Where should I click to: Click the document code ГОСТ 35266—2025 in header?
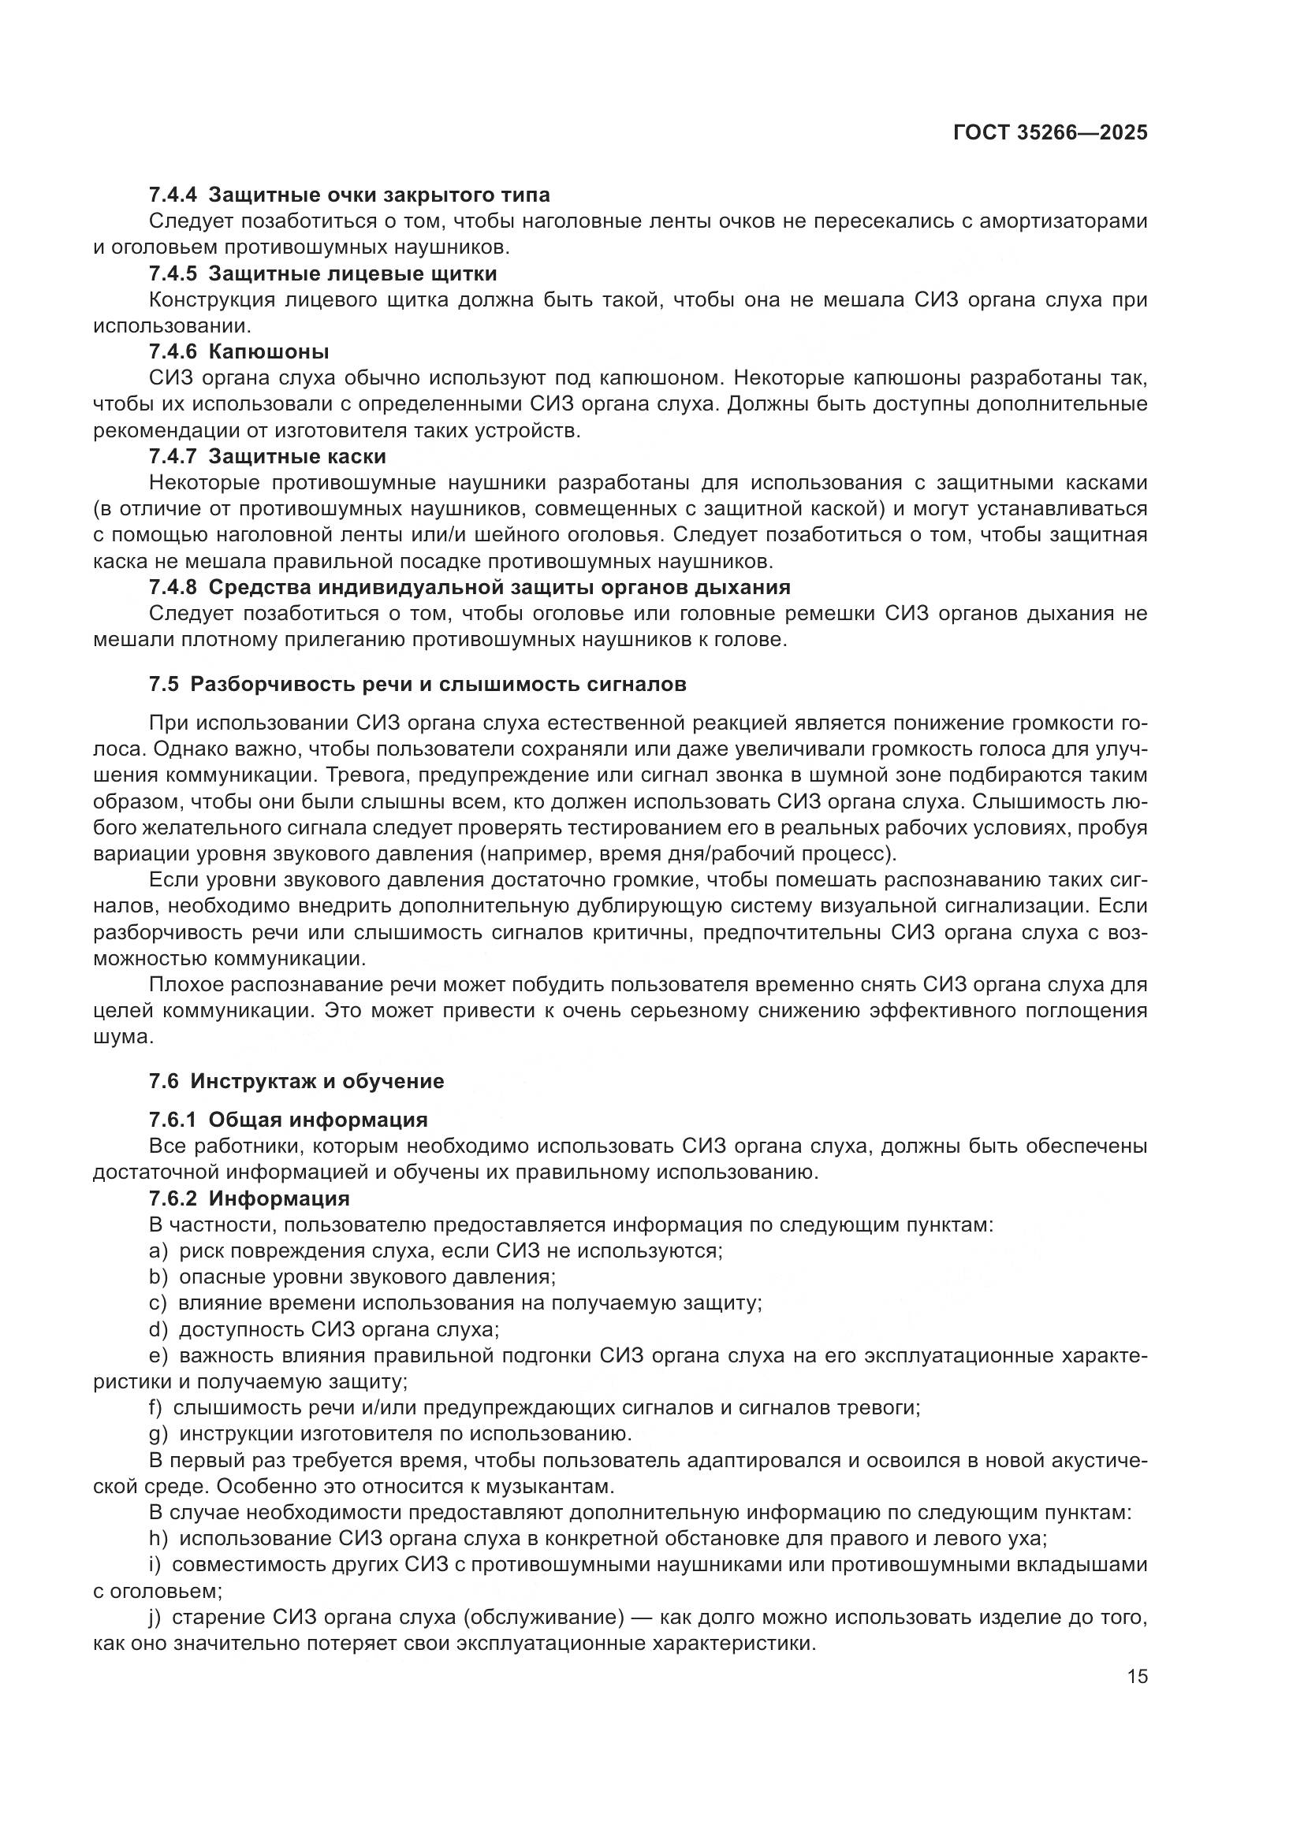pos(1050,132)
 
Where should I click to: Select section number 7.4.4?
pos(173,195)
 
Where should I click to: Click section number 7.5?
pos(164,685)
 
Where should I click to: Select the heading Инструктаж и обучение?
pos(317,1081)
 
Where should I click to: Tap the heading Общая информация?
pos(318,1120)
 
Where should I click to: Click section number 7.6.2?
pos(173,1198)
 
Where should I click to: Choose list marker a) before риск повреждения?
pos(158,1250)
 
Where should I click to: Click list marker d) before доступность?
pos(158,1329)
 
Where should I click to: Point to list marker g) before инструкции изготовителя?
pos(158,1433)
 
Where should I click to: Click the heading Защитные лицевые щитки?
pos(352,273)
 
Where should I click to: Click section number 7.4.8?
pos(173,587)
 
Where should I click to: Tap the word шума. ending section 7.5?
pos(123,1037)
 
